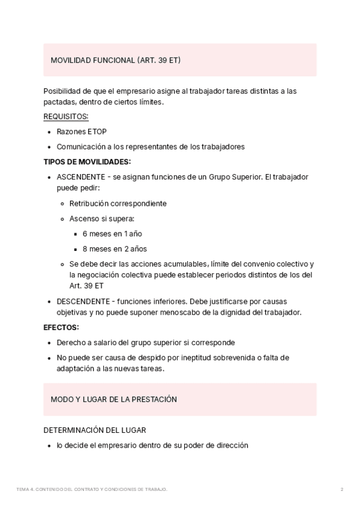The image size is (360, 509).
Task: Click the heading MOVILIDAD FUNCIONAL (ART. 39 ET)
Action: (116, 61)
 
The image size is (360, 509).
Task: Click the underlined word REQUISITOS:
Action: (66, 116)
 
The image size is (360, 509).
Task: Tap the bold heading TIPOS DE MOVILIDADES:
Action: (87, 162)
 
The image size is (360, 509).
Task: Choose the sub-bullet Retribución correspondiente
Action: (118, 203)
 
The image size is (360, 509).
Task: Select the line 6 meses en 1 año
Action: (112, 233)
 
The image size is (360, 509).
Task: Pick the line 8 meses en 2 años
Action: (115, 248)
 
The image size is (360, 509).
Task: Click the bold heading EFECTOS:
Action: (61, 328)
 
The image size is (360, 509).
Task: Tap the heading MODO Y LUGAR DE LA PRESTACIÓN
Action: (113, 399)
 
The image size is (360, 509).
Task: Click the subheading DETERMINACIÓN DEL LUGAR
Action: (95, 430)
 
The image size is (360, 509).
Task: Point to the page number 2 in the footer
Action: (342, 490)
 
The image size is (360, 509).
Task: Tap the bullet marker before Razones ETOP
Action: (48, 132)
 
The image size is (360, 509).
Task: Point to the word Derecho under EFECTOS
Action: (71, 343)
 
